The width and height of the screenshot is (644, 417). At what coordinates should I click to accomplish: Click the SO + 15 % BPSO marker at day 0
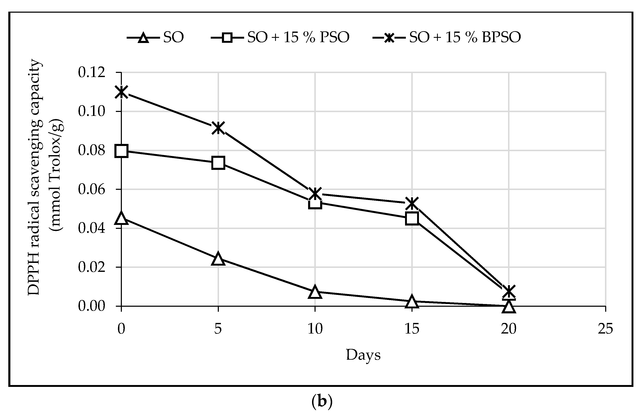(x=121, y=92)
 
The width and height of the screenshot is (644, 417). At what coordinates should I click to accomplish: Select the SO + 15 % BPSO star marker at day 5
(x=218, y=128)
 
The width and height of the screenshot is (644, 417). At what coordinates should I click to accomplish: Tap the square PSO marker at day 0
(x=121, y=151)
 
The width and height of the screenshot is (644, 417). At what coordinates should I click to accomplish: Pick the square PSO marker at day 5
(x=218, y=163)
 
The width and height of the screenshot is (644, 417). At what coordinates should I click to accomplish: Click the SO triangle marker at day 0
(x=121, y=218)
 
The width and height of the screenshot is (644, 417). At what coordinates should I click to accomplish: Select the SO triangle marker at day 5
(x=218, y=259)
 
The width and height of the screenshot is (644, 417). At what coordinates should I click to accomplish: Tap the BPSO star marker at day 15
(x=412, y=203)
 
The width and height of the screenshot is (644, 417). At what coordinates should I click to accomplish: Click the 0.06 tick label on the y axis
(x=92, y=189)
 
